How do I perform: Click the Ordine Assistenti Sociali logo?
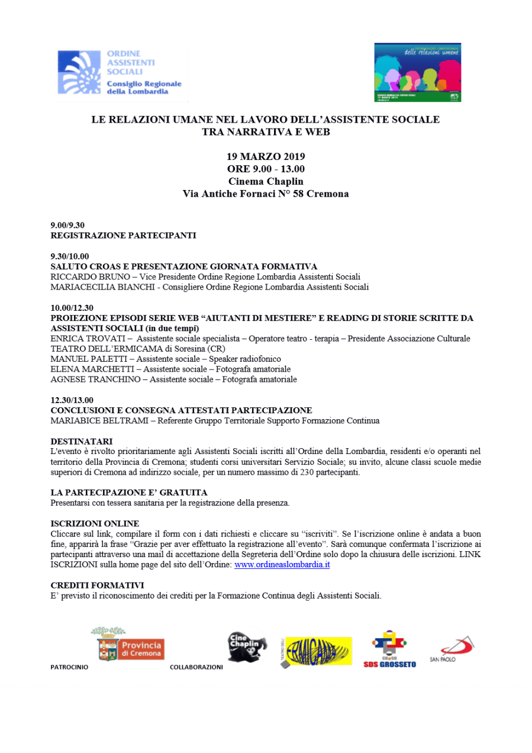[x=121, y=73]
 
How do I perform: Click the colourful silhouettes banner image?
[x=417, y=72]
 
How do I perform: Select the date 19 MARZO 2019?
[x=266, y=157]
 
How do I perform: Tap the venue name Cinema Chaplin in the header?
[x=266, y=181]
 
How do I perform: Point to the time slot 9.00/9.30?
[x=67, y=225]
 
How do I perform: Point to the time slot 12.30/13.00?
[x=72, y=400]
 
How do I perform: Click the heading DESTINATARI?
[x=81, y=441]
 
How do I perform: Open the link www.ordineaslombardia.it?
[x=282, y=565]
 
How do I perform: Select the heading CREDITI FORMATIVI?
[x=97, y=585]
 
